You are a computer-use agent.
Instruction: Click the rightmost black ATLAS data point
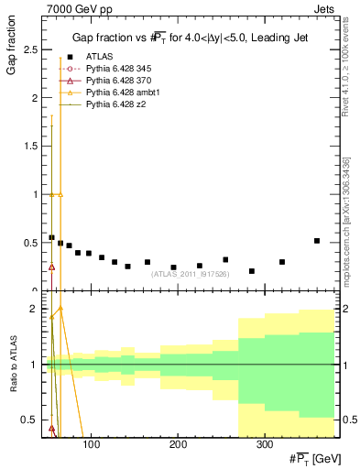pos(317,241)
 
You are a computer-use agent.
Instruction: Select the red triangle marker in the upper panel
pos(51,267)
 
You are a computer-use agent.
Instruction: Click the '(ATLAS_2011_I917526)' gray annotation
pos(191,274)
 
